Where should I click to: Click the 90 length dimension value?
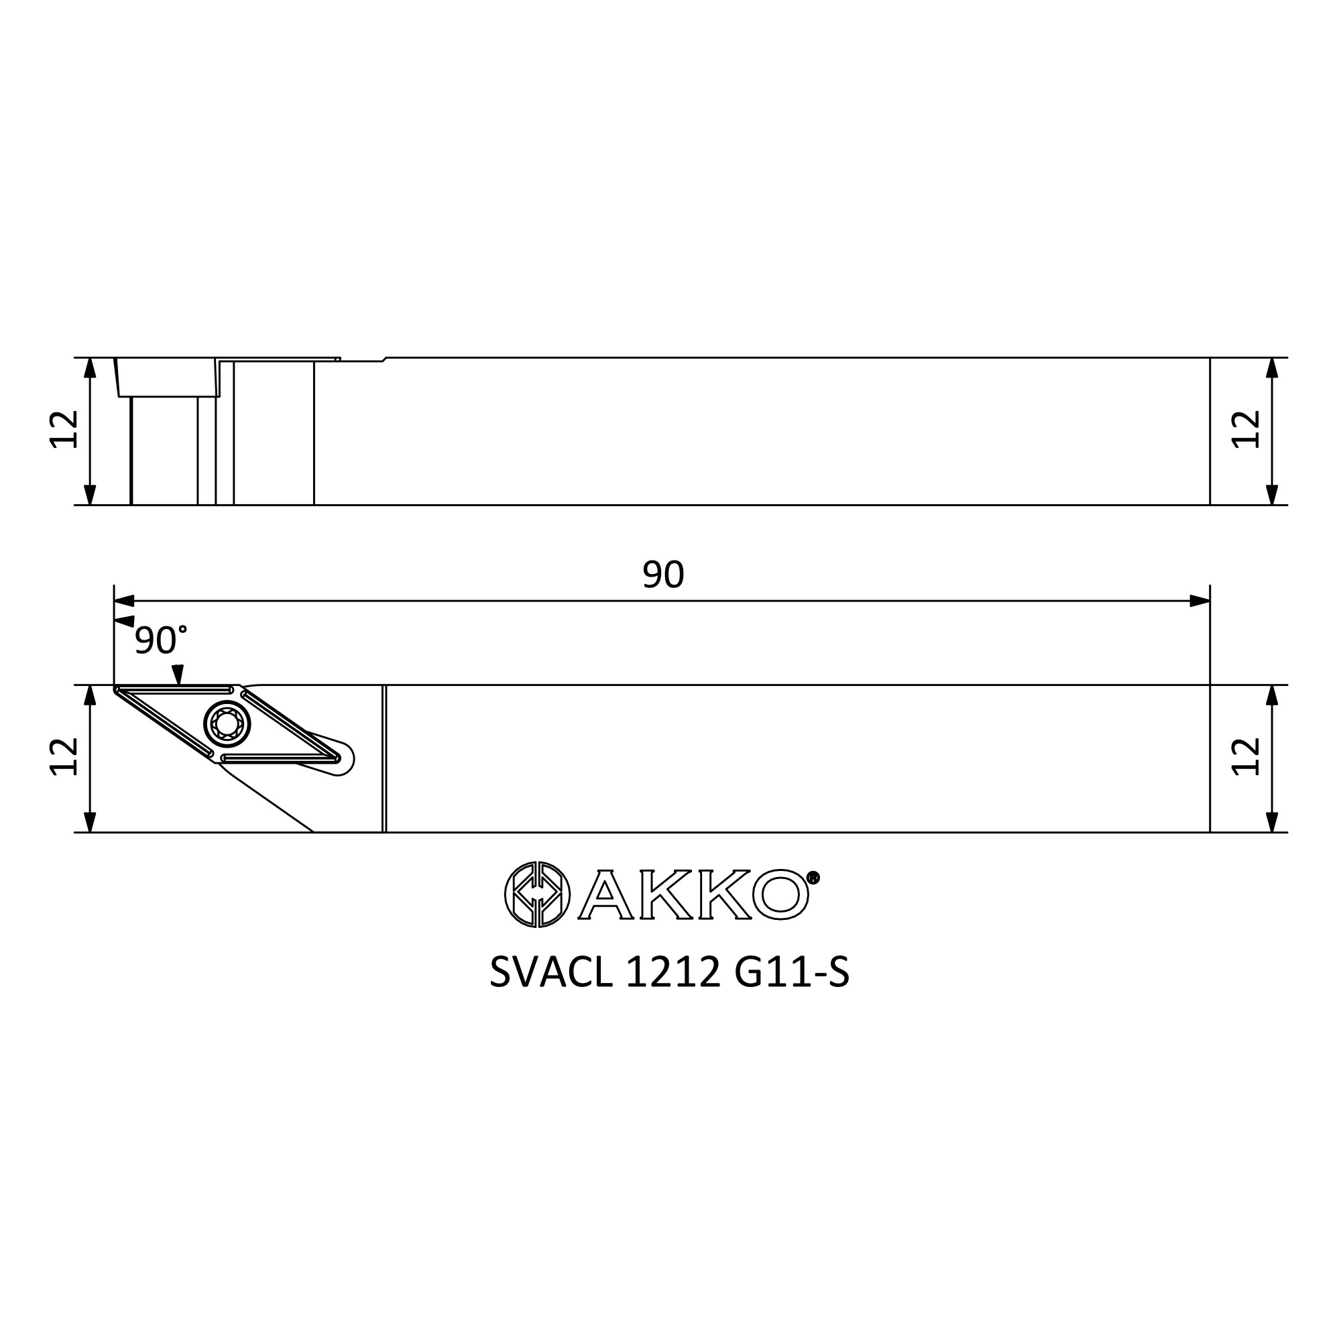pyautogui.click(x=663, y=575)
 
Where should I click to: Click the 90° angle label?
pyautogui.click(x=160, y=640)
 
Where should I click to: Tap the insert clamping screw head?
pyautogui.click(x=227, y=725)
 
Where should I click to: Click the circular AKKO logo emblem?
pyautogui.click(x=536, y=894)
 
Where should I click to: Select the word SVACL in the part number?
pyautogui.click(x=551, y=972)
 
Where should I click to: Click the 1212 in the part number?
pyautogui.click(x=673, y=972)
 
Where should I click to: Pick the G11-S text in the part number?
pyautogui.click(x=791, y=972)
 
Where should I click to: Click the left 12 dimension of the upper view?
pyautogui.click(x=64, y=430)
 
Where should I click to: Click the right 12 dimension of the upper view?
pyautogui.click(x=1245, y=430)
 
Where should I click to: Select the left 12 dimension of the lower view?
pyautogui.click(x=64, y=756)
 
